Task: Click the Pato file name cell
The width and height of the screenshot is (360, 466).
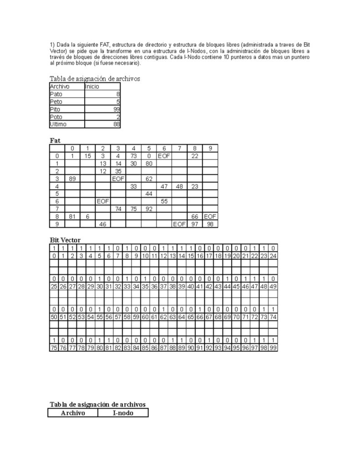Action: (56, 94)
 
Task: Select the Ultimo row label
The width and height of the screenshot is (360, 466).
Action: (58, 124)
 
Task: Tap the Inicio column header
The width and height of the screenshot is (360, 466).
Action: (92, 86)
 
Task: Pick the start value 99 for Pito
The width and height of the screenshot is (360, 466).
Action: (117, 109)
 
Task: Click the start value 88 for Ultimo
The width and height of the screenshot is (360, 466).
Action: (117, 124)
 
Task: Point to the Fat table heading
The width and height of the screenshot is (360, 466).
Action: (55, 141)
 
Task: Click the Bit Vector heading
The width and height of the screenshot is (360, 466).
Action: (65, 240)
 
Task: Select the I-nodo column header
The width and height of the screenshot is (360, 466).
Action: (123, 413)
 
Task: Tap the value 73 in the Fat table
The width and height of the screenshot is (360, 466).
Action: (133, 156)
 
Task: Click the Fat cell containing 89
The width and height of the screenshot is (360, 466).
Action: (72, 178)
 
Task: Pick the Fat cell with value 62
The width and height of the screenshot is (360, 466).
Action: (149, 178)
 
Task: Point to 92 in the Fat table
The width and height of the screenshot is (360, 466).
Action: (149, 209)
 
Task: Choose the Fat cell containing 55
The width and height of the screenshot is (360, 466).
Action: (164, 201)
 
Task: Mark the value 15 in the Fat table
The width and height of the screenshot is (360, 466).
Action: (87, 156)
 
